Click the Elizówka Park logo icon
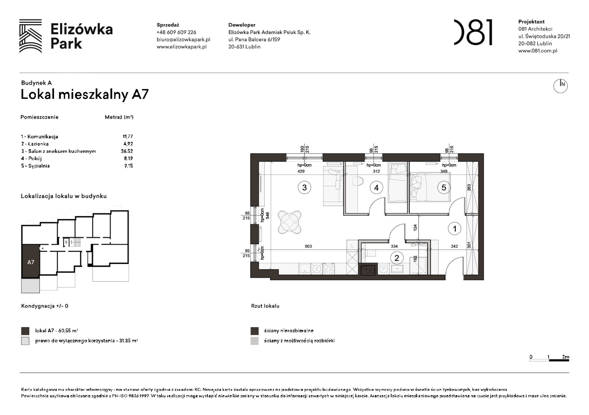coord(30,36)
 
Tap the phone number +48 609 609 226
coord(176,32)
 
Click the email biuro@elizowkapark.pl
coord(183,39)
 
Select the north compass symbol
coord(560,86)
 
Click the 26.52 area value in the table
coord(127,151)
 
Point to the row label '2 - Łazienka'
coord(35,144)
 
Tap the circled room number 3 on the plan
coord(305,187)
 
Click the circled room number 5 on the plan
coord(444,187)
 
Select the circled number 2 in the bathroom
coord(397,258)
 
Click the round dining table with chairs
coord(289,222)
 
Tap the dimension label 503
coord(308,246)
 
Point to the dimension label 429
coord(301,171)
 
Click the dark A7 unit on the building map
coord(31,261)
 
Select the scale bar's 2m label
coord(565,357)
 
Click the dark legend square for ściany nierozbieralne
coord(254,331)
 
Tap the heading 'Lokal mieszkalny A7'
coord(85,94)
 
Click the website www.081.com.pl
coord(537,51)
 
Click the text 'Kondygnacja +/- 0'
coord(44,306)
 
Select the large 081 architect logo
coord(473,32)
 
